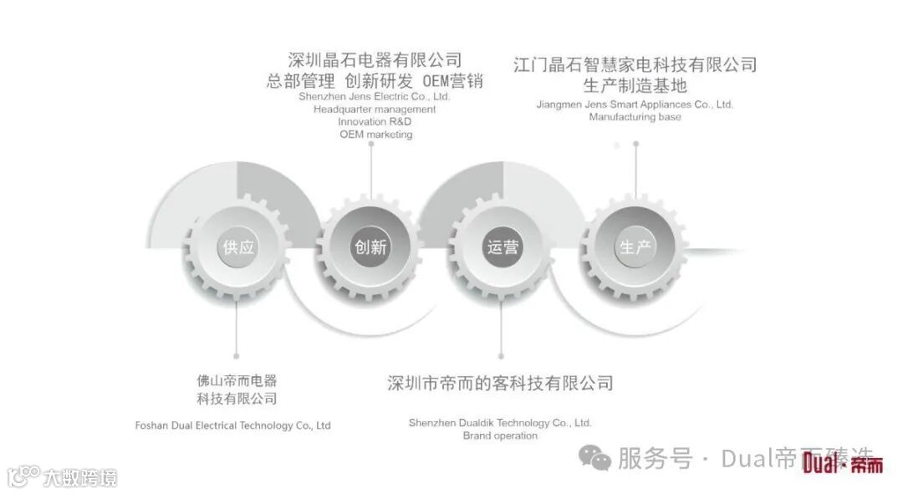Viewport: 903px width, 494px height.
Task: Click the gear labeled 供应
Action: (x=238, y=247)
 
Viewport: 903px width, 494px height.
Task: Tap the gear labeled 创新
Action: (x=371, y=247)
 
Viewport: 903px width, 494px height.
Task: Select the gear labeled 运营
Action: (x=503, y=247)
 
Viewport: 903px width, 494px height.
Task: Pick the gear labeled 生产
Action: (x=635, y=247)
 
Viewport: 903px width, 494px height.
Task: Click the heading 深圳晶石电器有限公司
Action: (x=375, y=60)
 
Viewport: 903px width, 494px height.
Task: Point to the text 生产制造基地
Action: (x=635, y=84)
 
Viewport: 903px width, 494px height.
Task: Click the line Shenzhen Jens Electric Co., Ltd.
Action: (x=375, y=96)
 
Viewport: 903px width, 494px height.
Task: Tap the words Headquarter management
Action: (x=375, y=109)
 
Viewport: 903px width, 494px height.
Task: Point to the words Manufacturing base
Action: (x=635, y=117)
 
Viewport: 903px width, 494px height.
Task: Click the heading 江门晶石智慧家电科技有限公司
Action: (x=635, y=64)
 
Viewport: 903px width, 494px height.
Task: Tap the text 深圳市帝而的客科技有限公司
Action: (x=500, y=383)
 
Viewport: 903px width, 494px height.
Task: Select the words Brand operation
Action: (x=500, y=435)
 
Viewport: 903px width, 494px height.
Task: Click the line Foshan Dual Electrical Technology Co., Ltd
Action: (x=233, y=425)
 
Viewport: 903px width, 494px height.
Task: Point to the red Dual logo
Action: (x=841, y=465)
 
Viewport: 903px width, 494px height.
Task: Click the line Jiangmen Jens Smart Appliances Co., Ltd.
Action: (x=635, y=104)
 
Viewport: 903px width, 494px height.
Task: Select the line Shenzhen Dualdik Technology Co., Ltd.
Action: (x=500, y=423)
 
